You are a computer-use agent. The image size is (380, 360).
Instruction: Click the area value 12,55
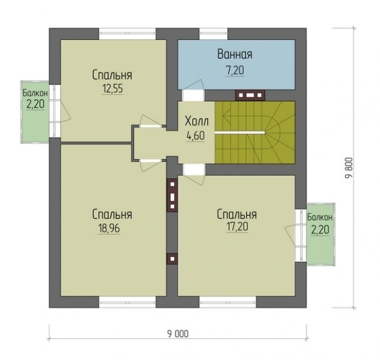pyautogui.click(x=113, y=89)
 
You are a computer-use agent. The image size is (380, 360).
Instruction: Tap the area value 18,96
pyautogui.click(x=109, y=228)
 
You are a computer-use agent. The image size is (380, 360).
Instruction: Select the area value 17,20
pyautogui.click(x=237, y=227)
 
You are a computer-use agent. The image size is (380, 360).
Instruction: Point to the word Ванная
pyautogui.click(x=234, y=54)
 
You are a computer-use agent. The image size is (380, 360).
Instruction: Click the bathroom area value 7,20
pyautogui.click(x=235, y=71)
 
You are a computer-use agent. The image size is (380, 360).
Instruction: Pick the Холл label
pyautogui.click(x=196, y=121)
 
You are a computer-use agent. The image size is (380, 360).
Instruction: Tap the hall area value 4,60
pyautogui.click(x=196, y=136)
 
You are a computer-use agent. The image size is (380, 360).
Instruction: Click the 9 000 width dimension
pyautogui.click(x=178, y=334)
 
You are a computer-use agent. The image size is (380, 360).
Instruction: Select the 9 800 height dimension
pyautogui.click(x=348, y=168)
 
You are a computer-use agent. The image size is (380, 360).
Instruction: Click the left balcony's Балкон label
pyautogui.click(x=35, y=93)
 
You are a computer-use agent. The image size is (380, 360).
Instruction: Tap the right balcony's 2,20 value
pyautogui.click(x=320, y=230)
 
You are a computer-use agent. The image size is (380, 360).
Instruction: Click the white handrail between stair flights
pyautogui.click(x=240, y=133)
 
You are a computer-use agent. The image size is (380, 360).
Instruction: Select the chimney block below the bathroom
pyautogui.click(x=250, y=95)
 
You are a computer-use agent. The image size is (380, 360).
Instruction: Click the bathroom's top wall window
pyautogui.click(x=213, y=34)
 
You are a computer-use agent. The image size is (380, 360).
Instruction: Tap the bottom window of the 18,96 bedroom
pyautogui.click(x=127, y=302)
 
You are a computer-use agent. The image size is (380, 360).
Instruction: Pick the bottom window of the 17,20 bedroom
pyautogui.click(x=228, y=302)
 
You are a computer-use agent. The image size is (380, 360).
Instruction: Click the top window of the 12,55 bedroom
pyautogui.click(x=127, y=34)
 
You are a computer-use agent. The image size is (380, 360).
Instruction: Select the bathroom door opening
pyautogui.click(x=193, y=95)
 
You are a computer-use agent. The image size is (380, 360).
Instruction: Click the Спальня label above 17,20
pyautogui.click(x=237, y=214)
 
